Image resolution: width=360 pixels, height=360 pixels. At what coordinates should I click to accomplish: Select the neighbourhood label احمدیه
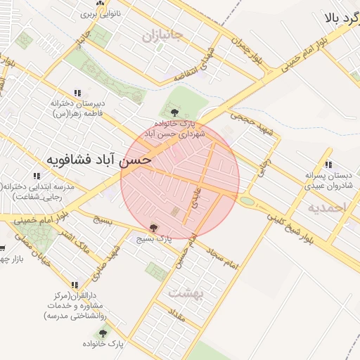click(x=327, y=207)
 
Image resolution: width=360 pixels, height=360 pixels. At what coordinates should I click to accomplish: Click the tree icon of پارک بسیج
click(x=154, y=227)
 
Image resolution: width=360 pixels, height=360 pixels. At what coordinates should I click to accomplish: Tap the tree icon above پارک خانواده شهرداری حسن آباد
click(x=174, y=111)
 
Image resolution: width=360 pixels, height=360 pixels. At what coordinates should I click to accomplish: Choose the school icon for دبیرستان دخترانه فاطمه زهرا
click(x=77, y=93)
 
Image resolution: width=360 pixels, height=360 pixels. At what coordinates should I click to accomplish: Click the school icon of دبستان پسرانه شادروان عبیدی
click(x=328, y=165)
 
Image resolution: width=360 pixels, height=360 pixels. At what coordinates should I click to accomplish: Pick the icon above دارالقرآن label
click(x=75, y=284)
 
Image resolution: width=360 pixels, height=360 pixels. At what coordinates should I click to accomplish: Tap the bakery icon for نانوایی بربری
click(x=101, y=4)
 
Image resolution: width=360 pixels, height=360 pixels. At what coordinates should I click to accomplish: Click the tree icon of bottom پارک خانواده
click(x=103, y=333)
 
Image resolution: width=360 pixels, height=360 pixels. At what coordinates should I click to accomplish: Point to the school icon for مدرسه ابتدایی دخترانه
click(x=36, y=175)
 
